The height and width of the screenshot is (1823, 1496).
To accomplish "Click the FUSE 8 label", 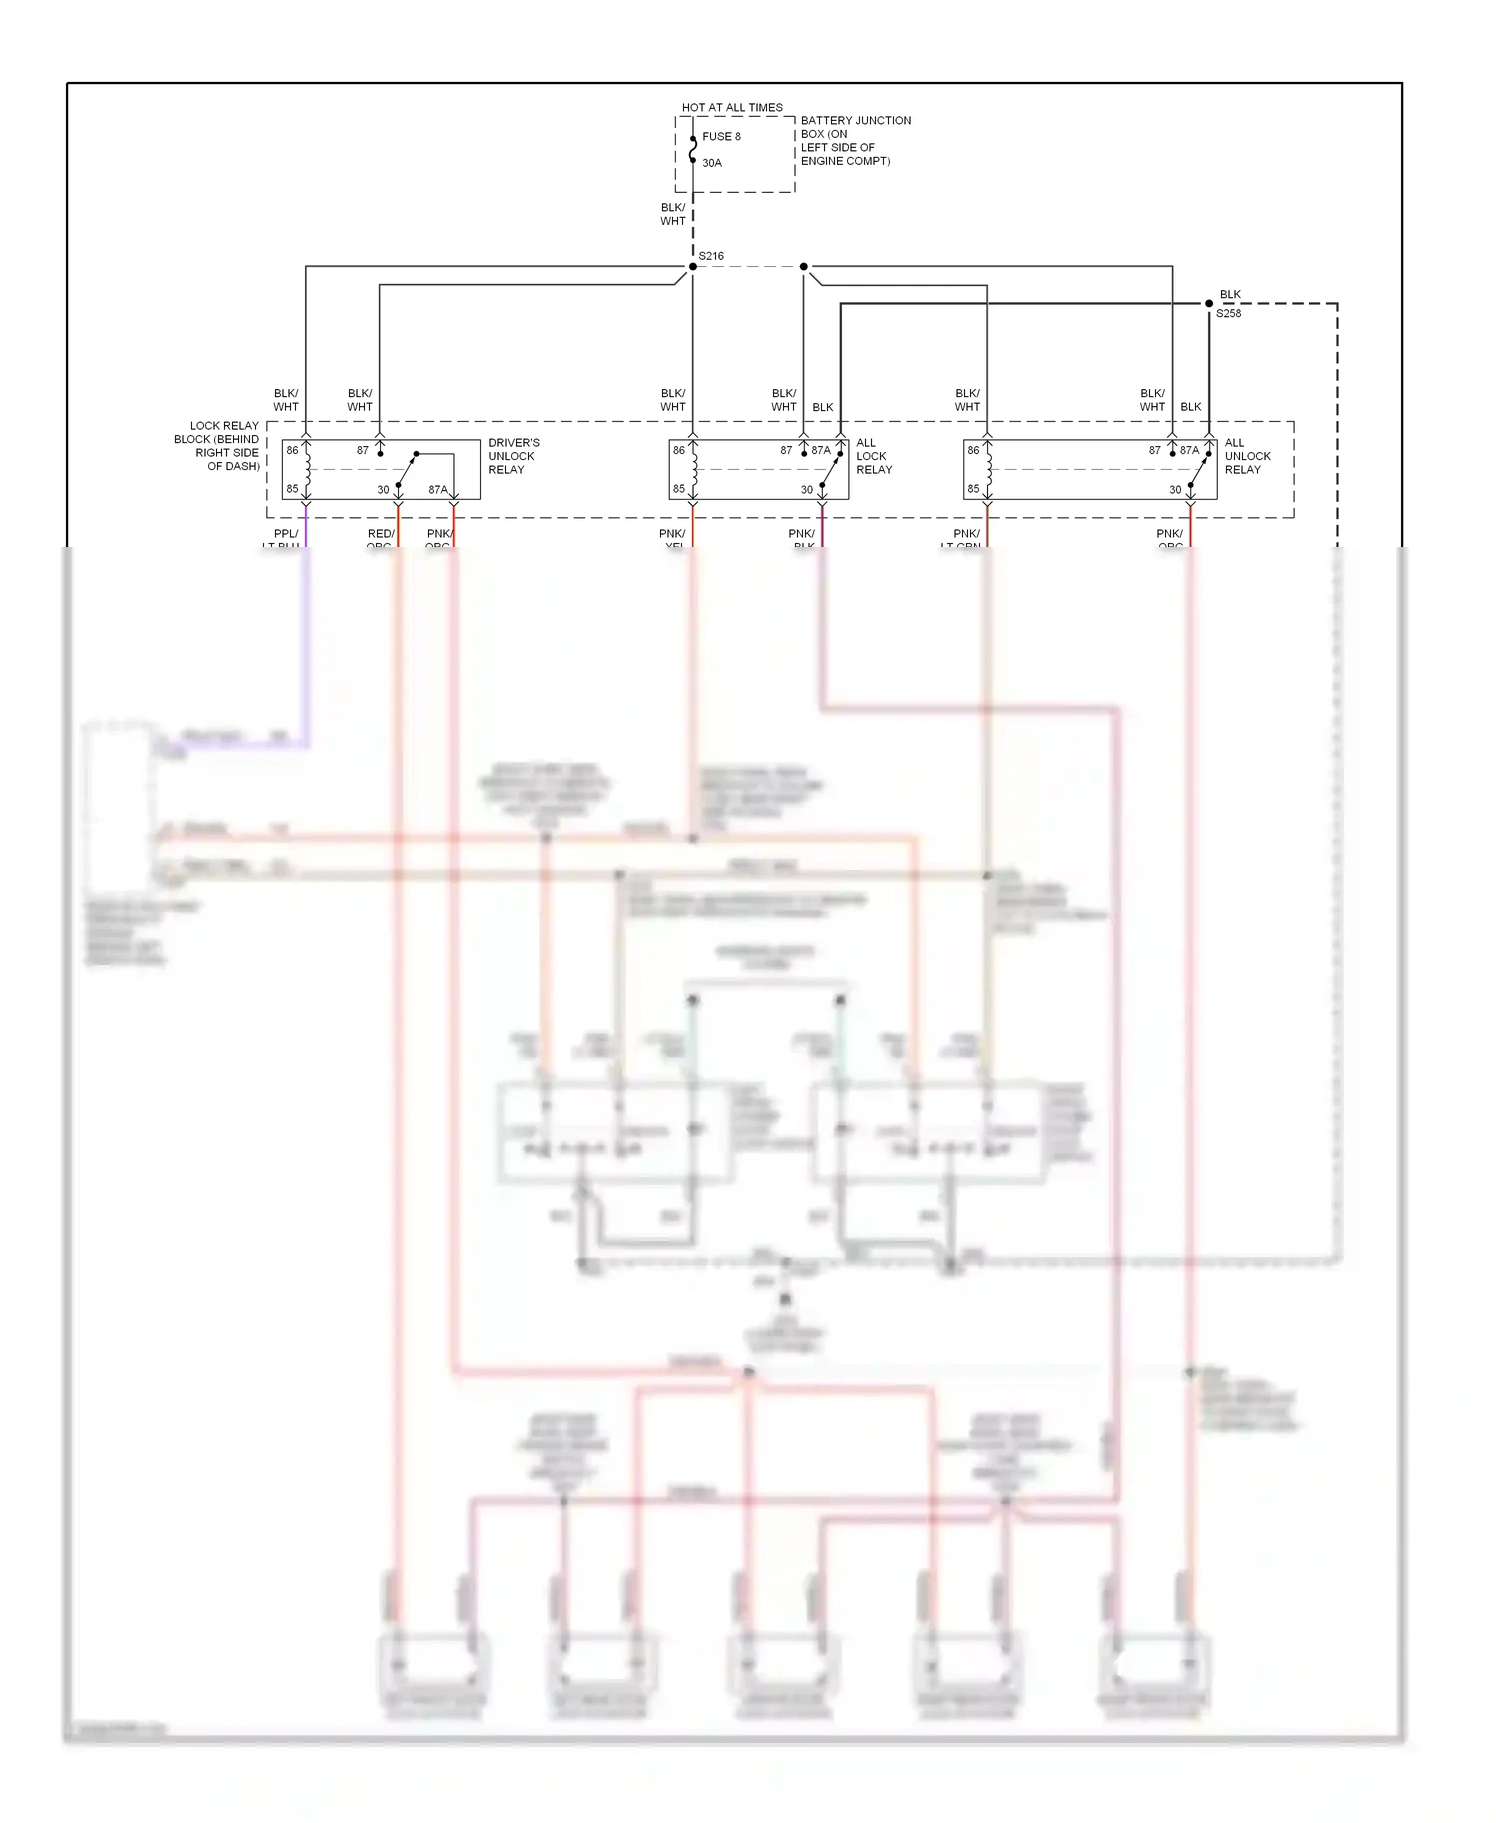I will tap(721, 137).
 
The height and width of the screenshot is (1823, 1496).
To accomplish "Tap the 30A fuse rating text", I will tap(712, 163).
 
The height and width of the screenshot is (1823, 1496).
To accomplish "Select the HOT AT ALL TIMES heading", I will tap(732, 107).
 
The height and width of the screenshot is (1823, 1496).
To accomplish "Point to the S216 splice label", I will tap(711, 256).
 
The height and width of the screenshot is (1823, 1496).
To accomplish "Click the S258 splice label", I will tap(1228, 313).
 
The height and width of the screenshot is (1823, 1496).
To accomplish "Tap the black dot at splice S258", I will tap(1209, 303).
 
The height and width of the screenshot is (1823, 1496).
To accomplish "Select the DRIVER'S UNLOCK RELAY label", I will tap(513, 456).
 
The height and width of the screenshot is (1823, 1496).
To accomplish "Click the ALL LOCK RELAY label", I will tap(873, 456).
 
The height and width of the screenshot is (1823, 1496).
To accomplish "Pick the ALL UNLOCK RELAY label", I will tap(1247, 456).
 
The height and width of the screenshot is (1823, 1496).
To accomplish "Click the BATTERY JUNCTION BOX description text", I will tap(855, 140).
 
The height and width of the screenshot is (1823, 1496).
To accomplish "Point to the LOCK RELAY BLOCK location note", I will tap(217, 445).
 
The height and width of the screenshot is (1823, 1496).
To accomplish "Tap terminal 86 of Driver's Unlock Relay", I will tap(292, 450).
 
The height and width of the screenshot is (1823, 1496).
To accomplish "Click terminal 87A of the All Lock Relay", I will tap(821, 450).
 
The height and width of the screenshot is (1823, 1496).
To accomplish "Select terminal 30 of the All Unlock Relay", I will tap(1175, 489).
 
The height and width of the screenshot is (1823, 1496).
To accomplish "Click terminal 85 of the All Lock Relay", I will tap(679, 489).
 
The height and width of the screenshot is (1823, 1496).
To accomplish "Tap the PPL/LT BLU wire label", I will tap(283, 539).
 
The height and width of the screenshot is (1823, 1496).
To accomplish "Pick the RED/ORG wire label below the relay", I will tap(381, 539).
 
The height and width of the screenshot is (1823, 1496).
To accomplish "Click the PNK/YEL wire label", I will tap(673, 539).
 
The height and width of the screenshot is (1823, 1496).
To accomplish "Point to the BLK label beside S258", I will tap(1230, 294).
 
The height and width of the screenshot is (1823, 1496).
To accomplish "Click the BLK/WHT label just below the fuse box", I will tap(673, 214).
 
